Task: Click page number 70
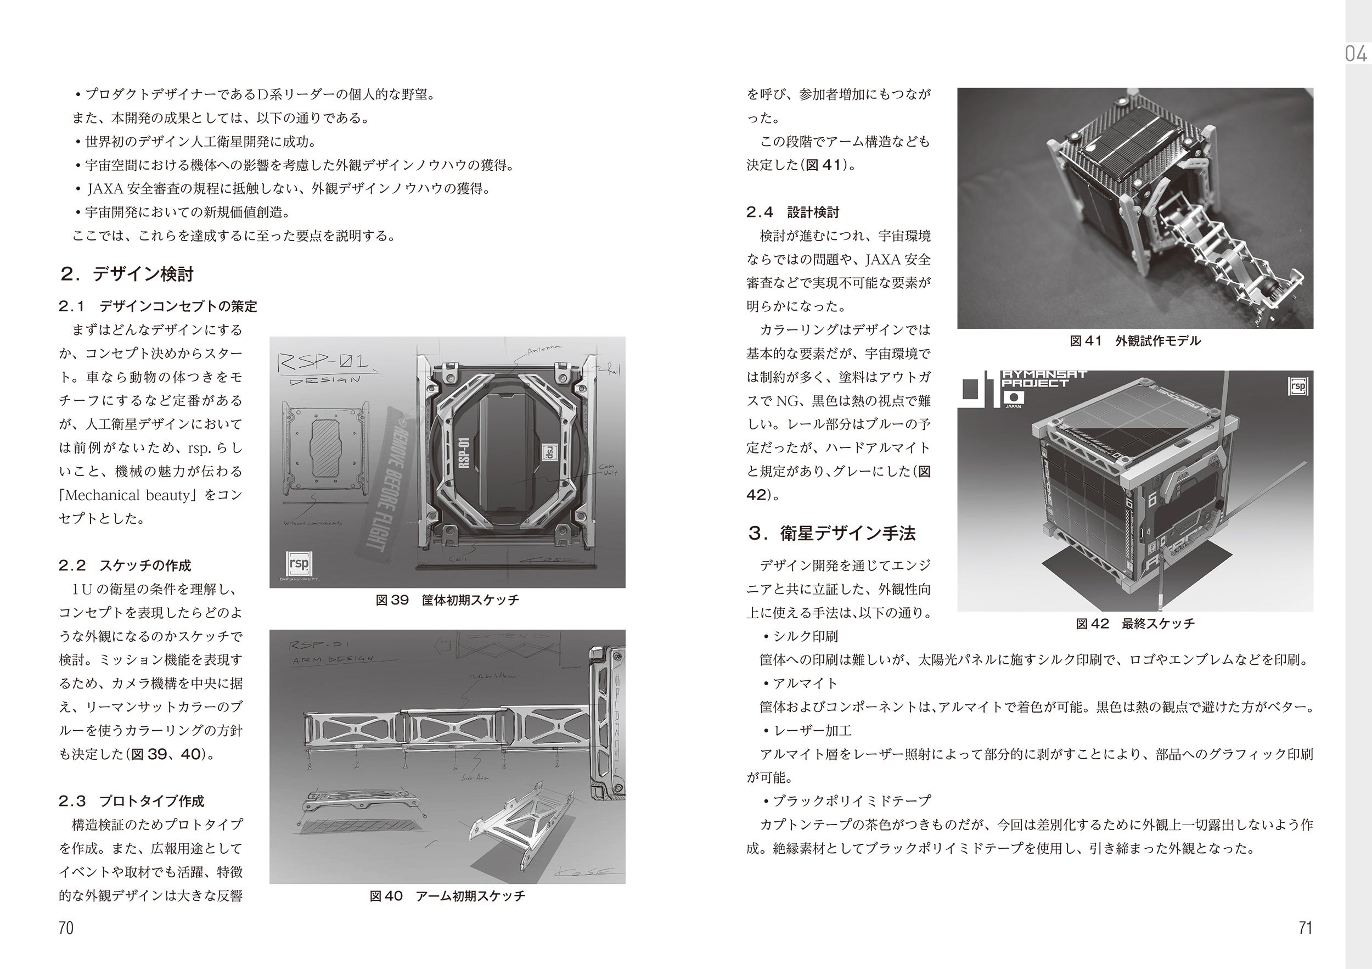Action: pyautogui.click(x=66, y=928)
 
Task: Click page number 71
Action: pyautogui.click(x=1305, y=928)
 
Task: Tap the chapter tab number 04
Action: pyautogui.click(x=1356, y=54)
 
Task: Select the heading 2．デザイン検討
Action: pyautogui.click(x=127, y=275)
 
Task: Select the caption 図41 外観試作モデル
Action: pyautogui.click(x=1135, y=341)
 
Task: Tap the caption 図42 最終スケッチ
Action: pyautogui.click(x=1135, y=624)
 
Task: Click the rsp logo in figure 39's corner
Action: pyautogui.click(x=299, y=563)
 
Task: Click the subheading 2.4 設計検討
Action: pyautogui.click(x=792, y=211)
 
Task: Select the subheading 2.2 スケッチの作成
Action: pyautogui.click(x=124, y=565)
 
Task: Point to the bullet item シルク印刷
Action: pyautogui.click(x=805, y=636)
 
